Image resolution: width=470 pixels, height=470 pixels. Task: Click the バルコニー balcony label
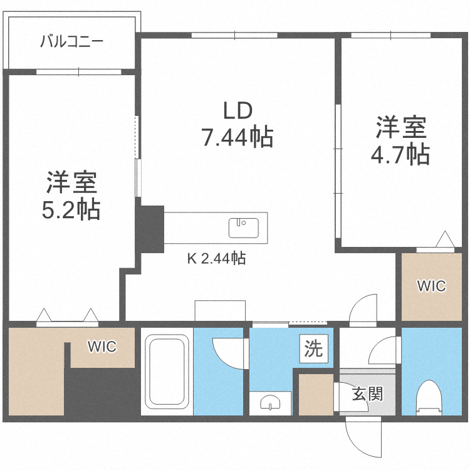(x=71, y=42)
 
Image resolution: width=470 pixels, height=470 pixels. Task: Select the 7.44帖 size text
(x=237, y=136)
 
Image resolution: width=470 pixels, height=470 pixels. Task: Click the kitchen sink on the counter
(x=243, y=227)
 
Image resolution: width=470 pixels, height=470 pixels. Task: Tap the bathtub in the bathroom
(x=167, y=371)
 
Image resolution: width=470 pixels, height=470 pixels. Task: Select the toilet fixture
(x=429, y=397)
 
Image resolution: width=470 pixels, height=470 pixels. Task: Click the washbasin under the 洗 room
(x=270, y=402)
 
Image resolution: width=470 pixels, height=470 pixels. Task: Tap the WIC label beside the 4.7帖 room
(x=432, y=286)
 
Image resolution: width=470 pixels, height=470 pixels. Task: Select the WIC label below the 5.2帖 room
(x=102, y=347)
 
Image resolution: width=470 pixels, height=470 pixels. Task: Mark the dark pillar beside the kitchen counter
(x=150, y=229)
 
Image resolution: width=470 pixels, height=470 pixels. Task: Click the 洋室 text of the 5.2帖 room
(x=71, y=182)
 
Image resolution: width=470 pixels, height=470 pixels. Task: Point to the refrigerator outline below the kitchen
(x=216, y=311)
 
